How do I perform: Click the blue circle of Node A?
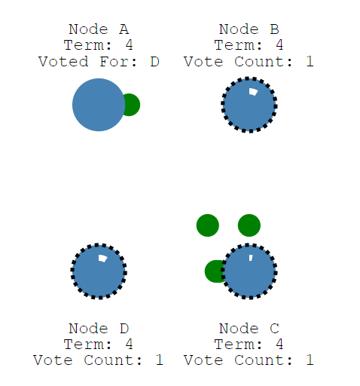99,105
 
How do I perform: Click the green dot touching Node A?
132,105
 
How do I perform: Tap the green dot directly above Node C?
249,225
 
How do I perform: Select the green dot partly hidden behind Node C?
213,271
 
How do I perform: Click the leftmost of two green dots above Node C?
208,225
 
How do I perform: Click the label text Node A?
99,29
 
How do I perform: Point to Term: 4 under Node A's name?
98,45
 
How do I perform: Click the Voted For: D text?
99,62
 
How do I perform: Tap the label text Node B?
249,29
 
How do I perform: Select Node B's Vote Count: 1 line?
249,62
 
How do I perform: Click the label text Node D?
99,329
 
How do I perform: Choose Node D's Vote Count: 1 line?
98,360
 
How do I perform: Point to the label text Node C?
249,329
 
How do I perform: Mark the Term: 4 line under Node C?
249,345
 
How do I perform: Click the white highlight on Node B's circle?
253,92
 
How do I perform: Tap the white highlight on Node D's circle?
102,259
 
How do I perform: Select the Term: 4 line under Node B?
249,45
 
